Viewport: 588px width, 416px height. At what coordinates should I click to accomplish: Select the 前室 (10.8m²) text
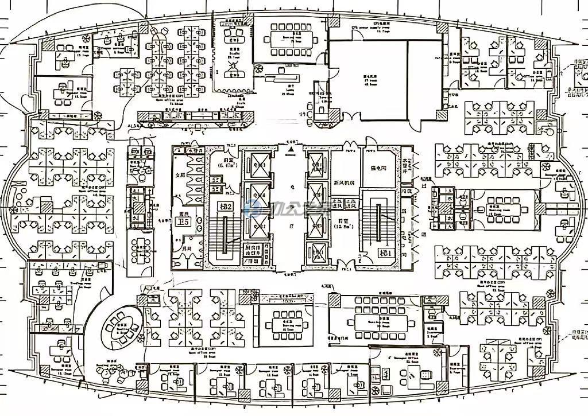point(344,223)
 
